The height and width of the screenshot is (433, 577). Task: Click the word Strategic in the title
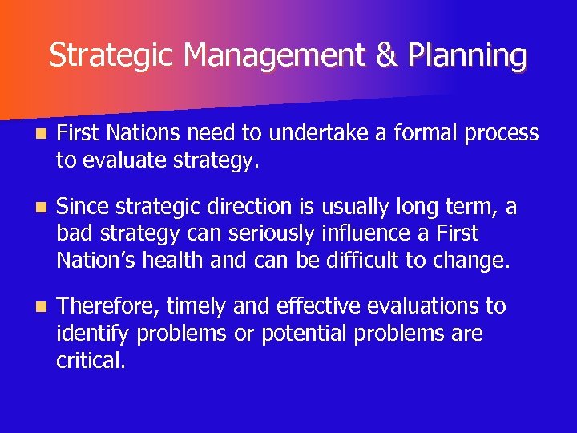(x=113, y=56)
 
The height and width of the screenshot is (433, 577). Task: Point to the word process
(x=504, y=134)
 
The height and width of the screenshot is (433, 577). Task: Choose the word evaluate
(x=118, y=161)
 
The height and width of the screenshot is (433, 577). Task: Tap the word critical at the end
(x=91, y=361)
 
